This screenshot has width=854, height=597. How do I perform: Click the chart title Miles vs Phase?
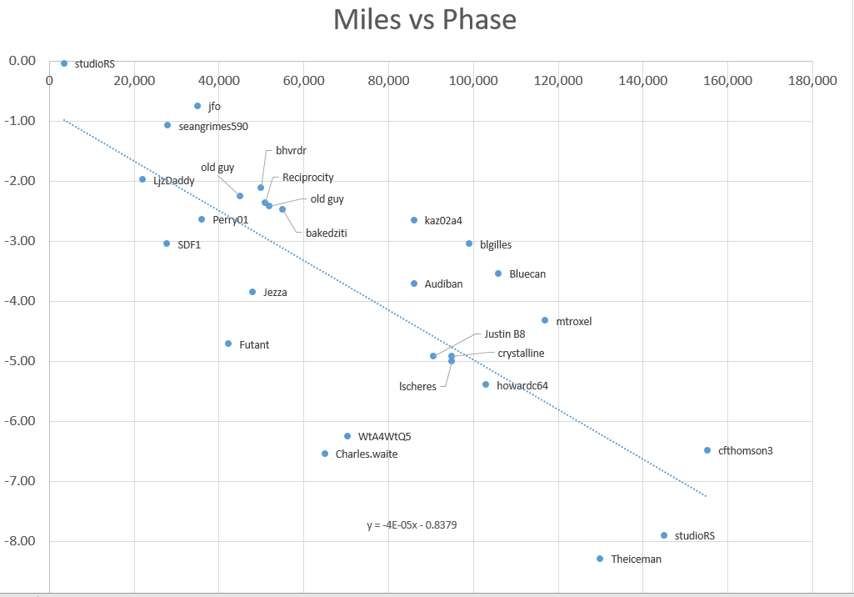[x=425, y=20]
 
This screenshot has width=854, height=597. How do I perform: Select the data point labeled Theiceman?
[x=600, y=559]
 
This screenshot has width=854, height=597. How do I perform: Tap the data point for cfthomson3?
[x=707, y=450]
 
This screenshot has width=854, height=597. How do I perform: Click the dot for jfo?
[x=197, y=106]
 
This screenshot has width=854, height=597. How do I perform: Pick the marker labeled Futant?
[x=228, y=344]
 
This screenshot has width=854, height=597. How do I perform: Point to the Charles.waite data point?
[x=325, y=454]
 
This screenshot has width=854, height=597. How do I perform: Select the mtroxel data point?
[x=545, y=320]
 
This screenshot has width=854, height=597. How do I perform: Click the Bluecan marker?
[x=498, y=273]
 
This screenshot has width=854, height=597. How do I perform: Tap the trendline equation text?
[x=412, y=525]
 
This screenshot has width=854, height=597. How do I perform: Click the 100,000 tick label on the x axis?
[x=473, y=81]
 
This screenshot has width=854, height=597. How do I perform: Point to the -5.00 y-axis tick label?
[x=22, y=361]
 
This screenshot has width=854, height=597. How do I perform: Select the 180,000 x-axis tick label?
[x=812, y=81]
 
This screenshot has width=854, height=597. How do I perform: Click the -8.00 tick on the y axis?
[x=22, y=541]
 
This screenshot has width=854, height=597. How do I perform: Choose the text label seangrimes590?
[x=213, y=127]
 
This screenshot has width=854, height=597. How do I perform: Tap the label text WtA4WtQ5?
[x=384, y=436]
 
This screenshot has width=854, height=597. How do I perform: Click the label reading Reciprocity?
[x=307, y=178]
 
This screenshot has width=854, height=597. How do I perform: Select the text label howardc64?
[x=522, y=386]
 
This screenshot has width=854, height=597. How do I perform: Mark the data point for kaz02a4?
[x=414, y=220]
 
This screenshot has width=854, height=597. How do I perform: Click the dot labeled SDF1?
[x=167, y=243]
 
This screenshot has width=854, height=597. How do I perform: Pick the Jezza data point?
[x=252, y=292]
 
